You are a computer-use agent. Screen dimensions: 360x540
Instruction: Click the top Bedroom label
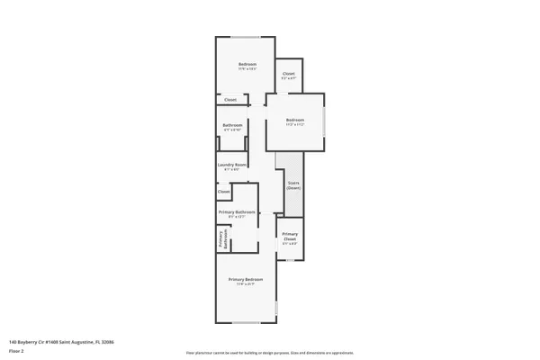tap(247, 65)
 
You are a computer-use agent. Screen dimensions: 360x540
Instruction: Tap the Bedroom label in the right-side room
tap(295, 120)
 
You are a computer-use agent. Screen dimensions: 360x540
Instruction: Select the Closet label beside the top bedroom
tap(289, 74)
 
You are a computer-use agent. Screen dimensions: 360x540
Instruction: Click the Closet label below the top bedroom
tap(230, 100)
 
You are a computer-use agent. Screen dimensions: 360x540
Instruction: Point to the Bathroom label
tap(233, 126)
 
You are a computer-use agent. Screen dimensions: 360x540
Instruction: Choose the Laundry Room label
tap(231, 165)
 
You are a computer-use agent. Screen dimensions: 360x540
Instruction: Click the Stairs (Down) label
tap(293, 185)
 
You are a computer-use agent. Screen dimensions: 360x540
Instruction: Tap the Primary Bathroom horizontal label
tap(237, 212)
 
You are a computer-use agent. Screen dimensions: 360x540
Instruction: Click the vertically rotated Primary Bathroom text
tap(222, 238)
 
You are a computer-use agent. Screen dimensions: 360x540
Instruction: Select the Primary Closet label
tap(290, 237)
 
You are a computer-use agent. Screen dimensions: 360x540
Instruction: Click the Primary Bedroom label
tap(247, 281)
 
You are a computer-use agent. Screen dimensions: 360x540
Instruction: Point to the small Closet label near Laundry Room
tap(224, 192)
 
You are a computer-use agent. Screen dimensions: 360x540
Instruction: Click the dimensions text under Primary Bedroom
tap(247, 285)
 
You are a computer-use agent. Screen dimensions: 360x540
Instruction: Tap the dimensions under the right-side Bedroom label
tap(295, 124)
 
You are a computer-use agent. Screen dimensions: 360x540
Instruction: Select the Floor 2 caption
tap(15, 351)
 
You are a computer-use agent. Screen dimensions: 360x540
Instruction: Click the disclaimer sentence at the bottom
tap(270, 353)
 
